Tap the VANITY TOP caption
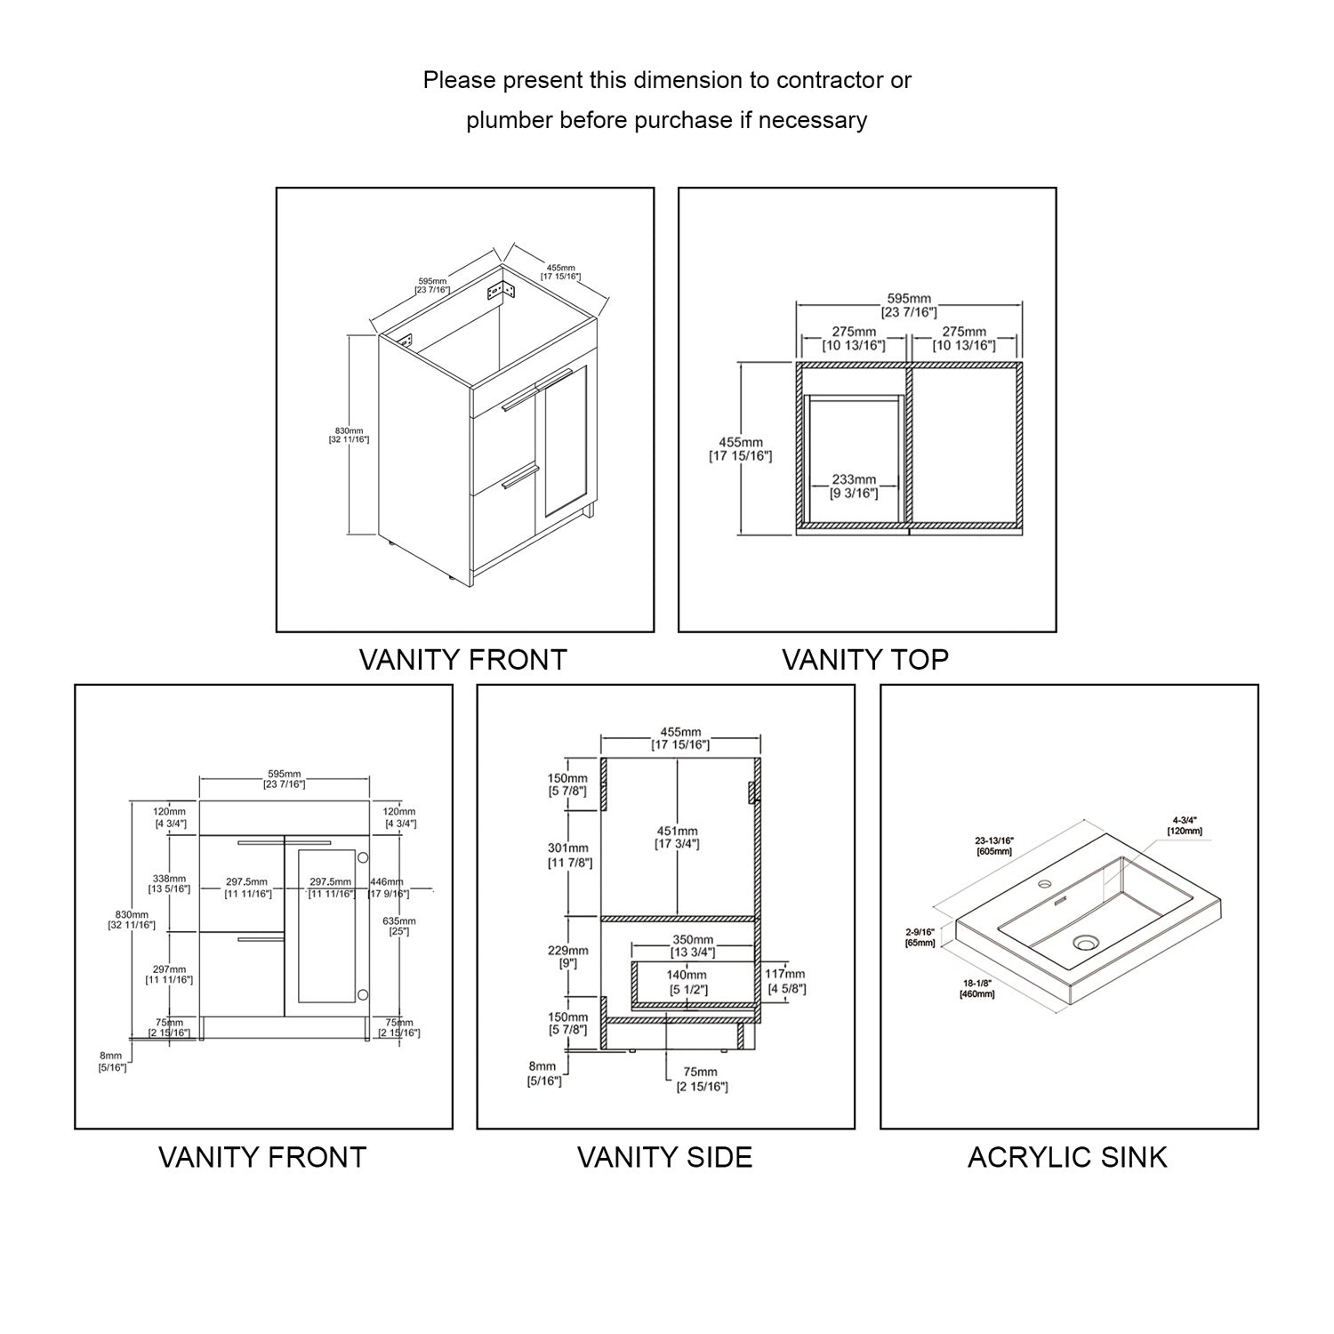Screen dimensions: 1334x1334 [865, 659]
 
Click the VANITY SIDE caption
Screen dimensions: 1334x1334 [664, 1157]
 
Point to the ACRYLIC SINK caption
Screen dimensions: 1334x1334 [1067, 1157]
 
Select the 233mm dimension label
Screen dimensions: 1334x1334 [854, 480]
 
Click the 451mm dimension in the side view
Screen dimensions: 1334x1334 [678, 832]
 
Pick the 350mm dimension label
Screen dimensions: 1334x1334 [692, 940]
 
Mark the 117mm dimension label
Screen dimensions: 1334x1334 [785, 975]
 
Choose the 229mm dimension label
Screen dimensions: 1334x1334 [567, 951]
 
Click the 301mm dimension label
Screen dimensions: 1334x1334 [568, 848]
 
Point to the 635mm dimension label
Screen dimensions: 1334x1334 [399, 920]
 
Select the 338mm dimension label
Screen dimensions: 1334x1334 [169, 879]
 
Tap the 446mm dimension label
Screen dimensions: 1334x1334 [388, 882]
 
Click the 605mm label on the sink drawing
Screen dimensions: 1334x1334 [993, 851]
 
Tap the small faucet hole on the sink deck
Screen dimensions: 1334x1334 [1045, 884]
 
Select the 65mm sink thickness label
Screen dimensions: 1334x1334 [920, 943]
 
